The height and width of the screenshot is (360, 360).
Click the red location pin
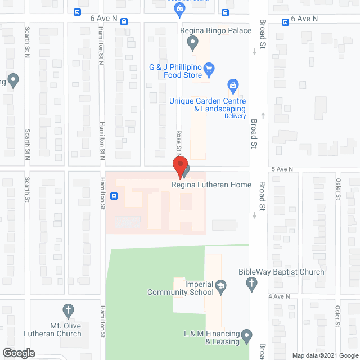point(179,168)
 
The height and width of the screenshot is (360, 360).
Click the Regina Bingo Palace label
point(215,30)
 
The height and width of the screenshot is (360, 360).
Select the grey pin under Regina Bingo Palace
point(192,42)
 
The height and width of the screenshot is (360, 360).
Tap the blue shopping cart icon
point(209,70)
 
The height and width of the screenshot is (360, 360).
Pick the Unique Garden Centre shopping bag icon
point(232,86)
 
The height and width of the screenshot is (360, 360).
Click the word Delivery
point(235,116)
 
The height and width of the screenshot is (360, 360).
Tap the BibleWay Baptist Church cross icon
point(251,285)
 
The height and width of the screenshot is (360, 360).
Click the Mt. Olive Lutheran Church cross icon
point(68,310)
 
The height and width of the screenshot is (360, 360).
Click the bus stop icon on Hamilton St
point(114,196)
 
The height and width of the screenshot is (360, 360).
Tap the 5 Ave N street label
point(282,169)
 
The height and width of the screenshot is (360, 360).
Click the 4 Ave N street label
point(278,296)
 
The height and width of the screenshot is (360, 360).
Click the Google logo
point(19,353)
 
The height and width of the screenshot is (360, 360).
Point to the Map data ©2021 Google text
point(325,355)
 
